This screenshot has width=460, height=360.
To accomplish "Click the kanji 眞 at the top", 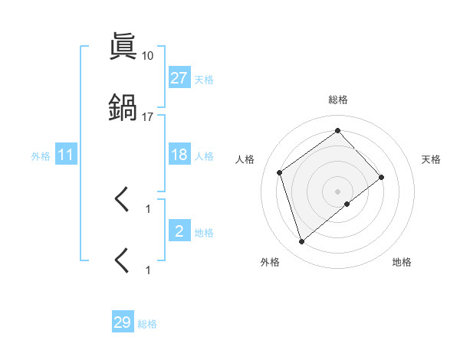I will [123, 47].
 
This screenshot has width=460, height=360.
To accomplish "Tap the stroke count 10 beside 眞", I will [147, 56].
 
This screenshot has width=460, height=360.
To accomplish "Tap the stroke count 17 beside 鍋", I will [147, 117].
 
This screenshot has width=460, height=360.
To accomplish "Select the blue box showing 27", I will [179, 78].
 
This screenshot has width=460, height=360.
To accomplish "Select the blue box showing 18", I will [179, 155].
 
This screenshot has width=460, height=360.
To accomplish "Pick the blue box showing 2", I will [179, 231].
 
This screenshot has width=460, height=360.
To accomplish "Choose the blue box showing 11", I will [66, 155].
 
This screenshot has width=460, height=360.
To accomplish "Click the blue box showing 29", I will [123, 322].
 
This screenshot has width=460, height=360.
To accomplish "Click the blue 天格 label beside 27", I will [204, 79].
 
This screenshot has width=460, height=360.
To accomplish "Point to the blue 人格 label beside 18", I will [204, 155].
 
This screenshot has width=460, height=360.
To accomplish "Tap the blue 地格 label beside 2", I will [204, 232].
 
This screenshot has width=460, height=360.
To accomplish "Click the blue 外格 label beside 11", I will [41, 155].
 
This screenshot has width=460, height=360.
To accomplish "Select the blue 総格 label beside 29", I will [147, 324].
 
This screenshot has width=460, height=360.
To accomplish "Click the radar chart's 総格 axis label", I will [337, 100].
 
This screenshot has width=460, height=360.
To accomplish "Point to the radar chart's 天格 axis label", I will [431, 159].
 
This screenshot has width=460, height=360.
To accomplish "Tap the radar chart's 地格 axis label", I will [402, 262].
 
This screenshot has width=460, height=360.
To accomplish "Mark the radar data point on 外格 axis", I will [301, 242].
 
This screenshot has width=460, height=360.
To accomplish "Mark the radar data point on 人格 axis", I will [280, 172].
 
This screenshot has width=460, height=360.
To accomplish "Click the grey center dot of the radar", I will [337, 191].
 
